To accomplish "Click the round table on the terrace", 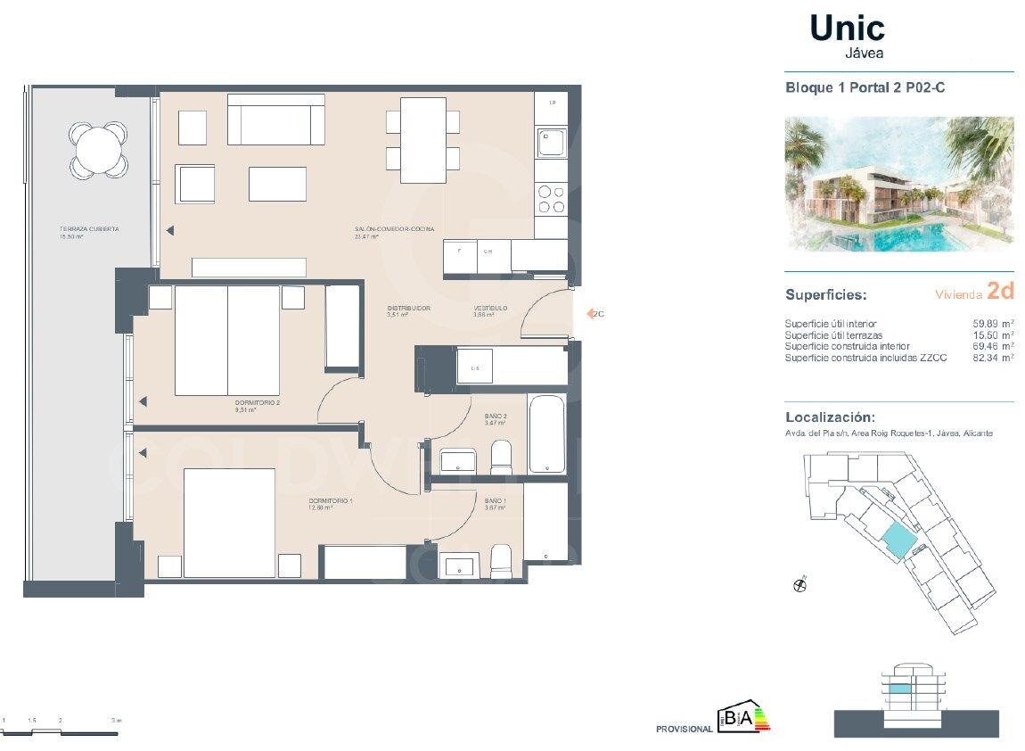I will pyautogui.click(x=98, y=149).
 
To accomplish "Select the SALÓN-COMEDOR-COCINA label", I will pyautogui.click(x=394, y=230).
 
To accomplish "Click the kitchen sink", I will pyautogui.click(x=550, y=141).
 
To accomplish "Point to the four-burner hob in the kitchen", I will pyautogui.click(x=551, y=199).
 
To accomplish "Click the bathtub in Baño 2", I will pyautogui.click(x=545, y=433).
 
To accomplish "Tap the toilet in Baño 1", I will pyautogui.click(x=501, y=560).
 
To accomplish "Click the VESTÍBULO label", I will pyautogui.click(x=490, y=309).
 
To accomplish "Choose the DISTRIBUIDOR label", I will pyautogui.click(x=409, y=309).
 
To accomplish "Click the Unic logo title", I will pyautogui.click(x=847, y=29).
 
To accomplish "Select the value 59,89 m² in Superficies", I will pyautogui.click(x=990, y=323).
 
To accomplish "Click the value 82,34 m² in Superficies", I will pyautogui.click(x=990, y=357).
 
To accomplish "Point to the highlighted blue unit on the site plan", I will pyautogui.click(x=898, y=539).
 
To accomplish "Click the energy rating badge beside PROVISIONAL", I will pyautogui.click(x=743, y=719).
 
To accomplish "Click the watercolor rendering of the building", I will pyautogui.click(x=898, y=184).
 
